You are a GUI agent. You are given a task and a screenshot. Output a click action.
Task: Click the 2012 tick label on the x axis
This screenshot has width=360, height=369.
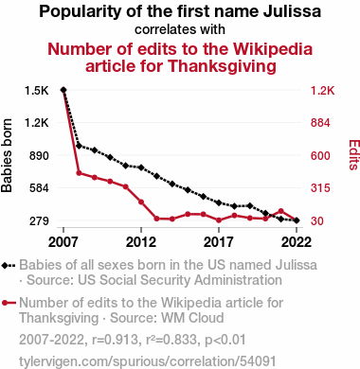(141, 242)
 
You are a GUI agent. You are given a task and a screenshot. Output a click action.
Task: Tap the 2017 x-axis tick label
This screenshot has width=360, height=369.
(219, 242)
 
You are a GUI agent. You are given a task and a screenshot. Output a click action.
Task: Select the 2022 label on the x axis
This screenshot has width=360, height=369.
(297, 242)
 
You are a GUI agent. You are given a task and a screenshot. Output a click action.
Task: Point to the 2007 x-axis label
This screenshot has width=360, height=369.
(63, 242)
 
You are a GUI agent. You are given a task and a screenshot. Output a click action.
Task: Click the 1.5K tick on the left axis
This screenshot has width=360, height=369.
(37, 91)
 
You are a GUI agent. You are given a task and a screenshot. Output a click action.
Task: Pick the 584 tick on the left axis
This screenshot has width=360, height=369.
(39, 188)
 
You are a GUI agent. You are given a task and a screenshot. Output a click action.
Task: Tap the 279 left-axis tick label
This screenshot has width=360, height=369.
(39, 220)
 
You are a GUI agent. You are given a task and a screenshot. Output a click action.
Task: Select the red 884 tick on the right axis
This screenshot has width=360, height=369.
(320, 123)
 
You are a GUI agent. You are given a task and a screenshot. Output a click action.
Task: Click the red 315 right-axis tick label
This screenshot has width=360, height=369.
(320, 188)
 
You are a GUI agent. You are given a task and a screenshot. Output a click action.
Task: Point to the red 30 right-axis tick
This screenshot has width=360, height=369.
(317, 220)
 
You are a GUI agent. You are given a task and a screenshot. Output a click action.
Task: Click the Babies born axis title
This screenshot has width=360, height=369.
(7, 155)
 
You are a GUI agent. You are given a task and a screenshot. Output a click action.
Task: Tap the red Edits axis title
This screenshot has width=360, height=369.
(353, 155)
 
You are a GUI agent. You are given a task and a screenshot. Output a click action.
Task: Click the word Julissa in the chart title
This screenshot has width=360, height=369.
(292, 11)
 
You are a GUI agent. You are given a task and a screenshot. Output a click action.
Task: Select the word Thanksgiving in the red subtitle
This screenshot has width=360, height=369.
(223, 66)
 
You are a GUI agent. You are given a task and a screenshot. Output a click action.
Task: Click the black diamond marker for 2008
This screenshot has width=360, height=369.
(79, 146)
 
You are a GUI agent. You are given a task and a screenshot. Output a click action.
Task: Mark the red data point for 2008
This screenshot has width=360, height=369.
(79, 173)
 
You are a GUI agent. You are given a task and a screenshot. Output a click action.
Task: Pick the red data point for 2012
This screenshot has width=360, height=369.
(141, 202)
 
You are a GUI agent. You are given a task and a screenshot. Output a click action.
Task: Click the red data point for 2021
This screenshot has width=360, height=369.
(281, 211)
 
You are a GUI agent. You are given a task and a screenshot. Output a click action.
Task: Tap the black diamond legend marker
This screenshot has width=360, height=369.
(5, 265)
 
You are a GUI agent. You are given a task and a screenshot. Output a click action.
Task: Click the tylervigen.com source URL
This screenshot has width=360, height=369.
(148, 361)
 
